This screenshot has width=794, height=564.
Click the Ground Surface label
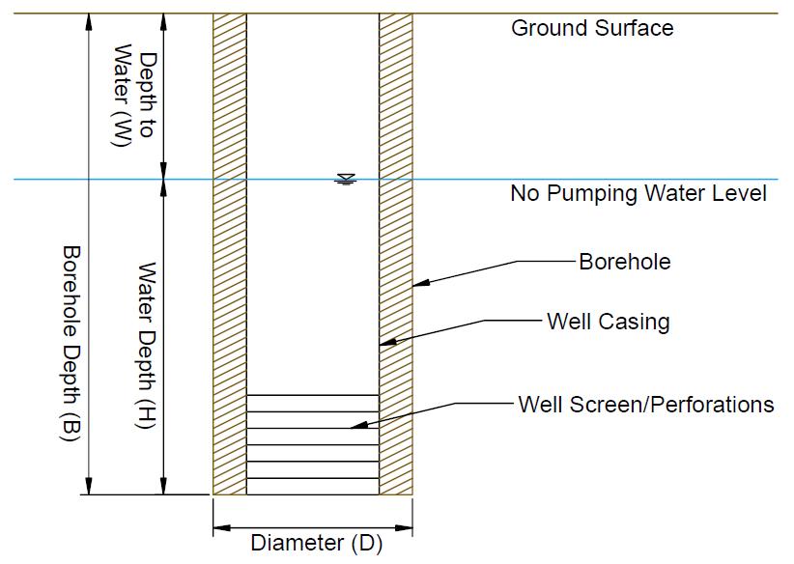tap(592, 27)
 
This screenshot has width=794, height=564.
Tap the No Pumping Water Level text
tap(638, 194)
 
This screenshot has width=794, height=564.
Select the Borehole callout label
tap(624, 262)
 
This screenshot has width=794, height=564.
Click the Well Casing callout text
tap(608, 321)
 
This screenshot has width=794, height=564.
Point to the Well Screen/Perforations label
tap(646, 404)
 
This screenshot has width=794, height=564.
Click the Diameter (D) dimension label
tap(316, 543)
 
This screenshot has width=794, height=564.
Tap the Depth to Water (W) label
tap(134, 95)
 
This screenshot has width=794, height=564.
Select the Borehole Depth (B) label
tap(70, 343)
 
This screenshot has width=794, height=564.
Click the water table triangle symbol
tap(345, 179)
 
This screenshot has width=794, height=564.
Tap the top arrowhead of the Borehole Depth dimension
tap(89, 19)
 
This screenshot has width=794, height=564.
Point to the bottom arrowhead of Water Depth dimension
tap(164, 488)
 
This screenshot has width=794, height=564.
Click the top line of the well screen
tap(313, 395)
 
